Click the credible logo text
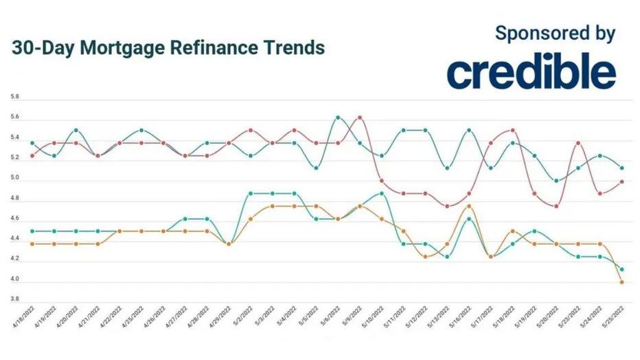point(532,72)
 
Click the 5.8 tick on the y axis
point(15,98)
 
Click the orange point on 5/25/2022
point(621,282)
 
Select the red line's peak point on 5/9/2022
point(359,117)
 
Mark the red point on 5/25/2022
point(621,181)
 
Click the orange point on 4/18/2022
point(32,244)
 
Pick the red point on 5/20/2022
point(556,206)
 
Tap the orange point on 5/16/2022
point(468,206)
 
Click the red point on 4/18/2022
point(32,156)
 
